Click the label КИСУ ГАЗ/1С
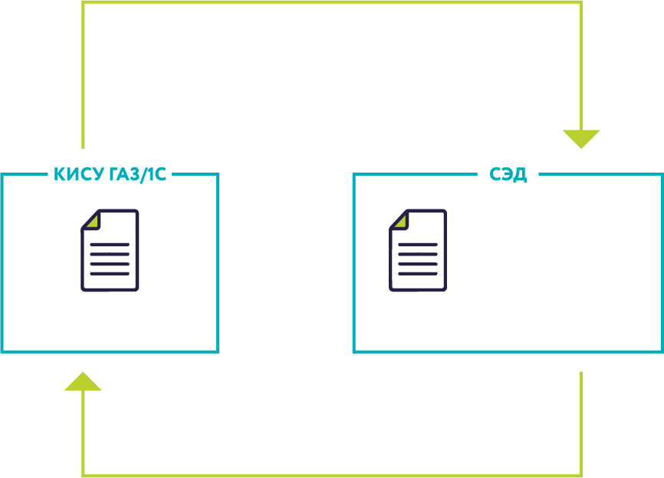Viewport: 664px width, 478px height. [x=110, y=175]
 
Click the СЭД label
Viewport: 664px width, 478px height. [x=508, y=175]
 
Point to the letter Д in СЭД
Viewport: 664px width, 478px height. [x=519, y=175]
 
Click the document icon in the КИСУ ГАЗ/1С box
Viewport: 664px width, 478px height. [x=110, y=250]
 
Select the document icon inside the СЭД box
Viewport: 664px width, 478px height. [x=418, y=250]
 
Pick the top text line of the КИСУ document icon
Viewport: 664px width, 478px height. [x=110, y=245]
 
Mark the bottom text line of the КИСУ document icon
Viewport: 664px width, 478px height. [x=110, y=273]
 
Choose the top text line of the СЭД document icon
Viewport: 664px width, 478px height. [x=418, y=245]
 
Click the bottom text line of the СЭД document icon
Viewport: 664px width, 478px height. [x=418, y=273]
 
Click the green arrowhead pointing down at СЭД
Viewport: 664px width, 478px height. [x=581, y=138]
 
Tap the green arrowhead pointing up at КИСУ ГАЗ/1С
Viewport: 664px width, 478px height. [x=83, y=381]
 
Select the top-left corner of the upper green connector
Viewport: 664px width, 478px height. [x=83, y=2]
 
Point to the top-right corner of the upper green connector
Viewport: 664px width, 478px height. [x=581, y=2]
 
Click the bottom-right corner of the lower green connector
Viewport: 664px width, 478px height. [x=581, y=475]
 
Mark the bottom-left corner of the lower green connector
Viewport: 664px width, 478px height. [x=83, y=475]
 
